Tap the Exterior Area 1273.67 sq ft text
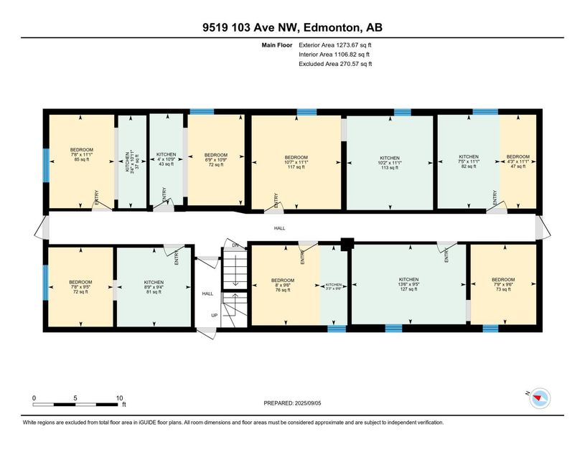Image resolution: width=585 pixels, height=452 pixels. pos(335,45)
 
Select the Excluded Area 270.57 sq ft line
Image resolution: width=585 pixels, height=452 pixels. pos(335,64)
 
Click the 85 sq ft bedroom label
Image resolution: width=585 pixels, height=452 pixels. pos(82,158)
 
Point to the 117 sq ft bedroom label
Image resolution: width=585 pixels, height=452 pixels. pos(296,162)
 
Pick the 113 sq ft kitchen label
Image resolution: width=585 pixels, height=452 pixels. pos(389,162)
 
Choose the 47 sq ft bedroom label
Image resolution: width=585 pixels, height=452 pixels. pos(518,161)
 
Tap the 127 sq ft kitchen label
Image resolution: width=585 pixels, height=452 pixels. pos(408,284)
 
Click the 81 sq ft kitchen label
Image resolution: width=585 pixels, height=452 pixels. pos(154,287)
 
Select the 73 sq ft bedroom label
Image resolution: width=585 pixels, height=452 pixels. pos(502,284)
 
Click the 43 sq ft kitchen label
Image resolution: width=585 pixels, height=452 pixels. pos(166,159)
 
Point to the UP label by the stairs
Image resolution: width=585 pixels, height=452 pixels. pos(214,315)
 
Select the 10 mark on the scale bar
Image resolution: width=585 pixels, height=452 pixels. pos(119,397)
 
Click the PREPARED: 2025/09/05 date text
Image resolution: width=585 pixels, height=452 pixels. pos(294,404)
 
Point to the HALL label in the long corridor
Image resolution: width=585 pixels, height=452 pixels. pos(279,229)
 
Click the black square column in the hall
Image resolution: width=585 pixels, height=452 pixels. pos(346,244)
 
